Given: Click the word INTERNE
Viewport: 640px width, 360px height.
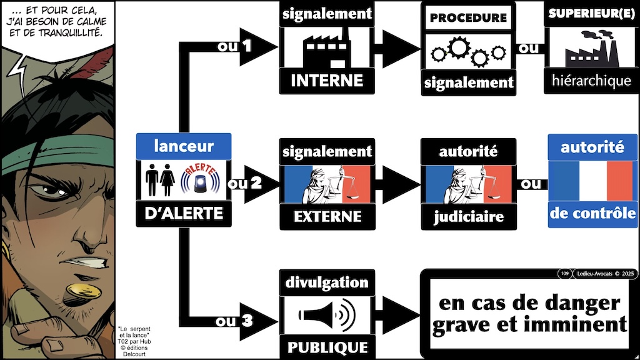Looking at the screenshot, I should (x=327, y=80).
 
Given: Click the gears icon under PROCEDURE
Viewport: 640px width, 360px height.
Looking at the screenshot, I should (x=467, y=52).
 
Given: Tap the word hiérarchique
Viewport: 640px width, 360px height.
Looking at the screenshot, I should (x=591, y=80).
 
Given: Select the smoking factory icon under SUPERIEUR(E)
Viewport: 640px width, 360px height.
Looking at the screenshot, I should (x=591, y=49).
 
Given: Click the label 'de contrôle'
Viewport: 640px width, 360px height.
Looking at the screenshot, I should (x=592, y=213).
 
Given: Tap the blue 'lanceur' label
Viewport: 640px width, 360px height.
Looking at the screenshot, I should (x=183, y=147).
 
